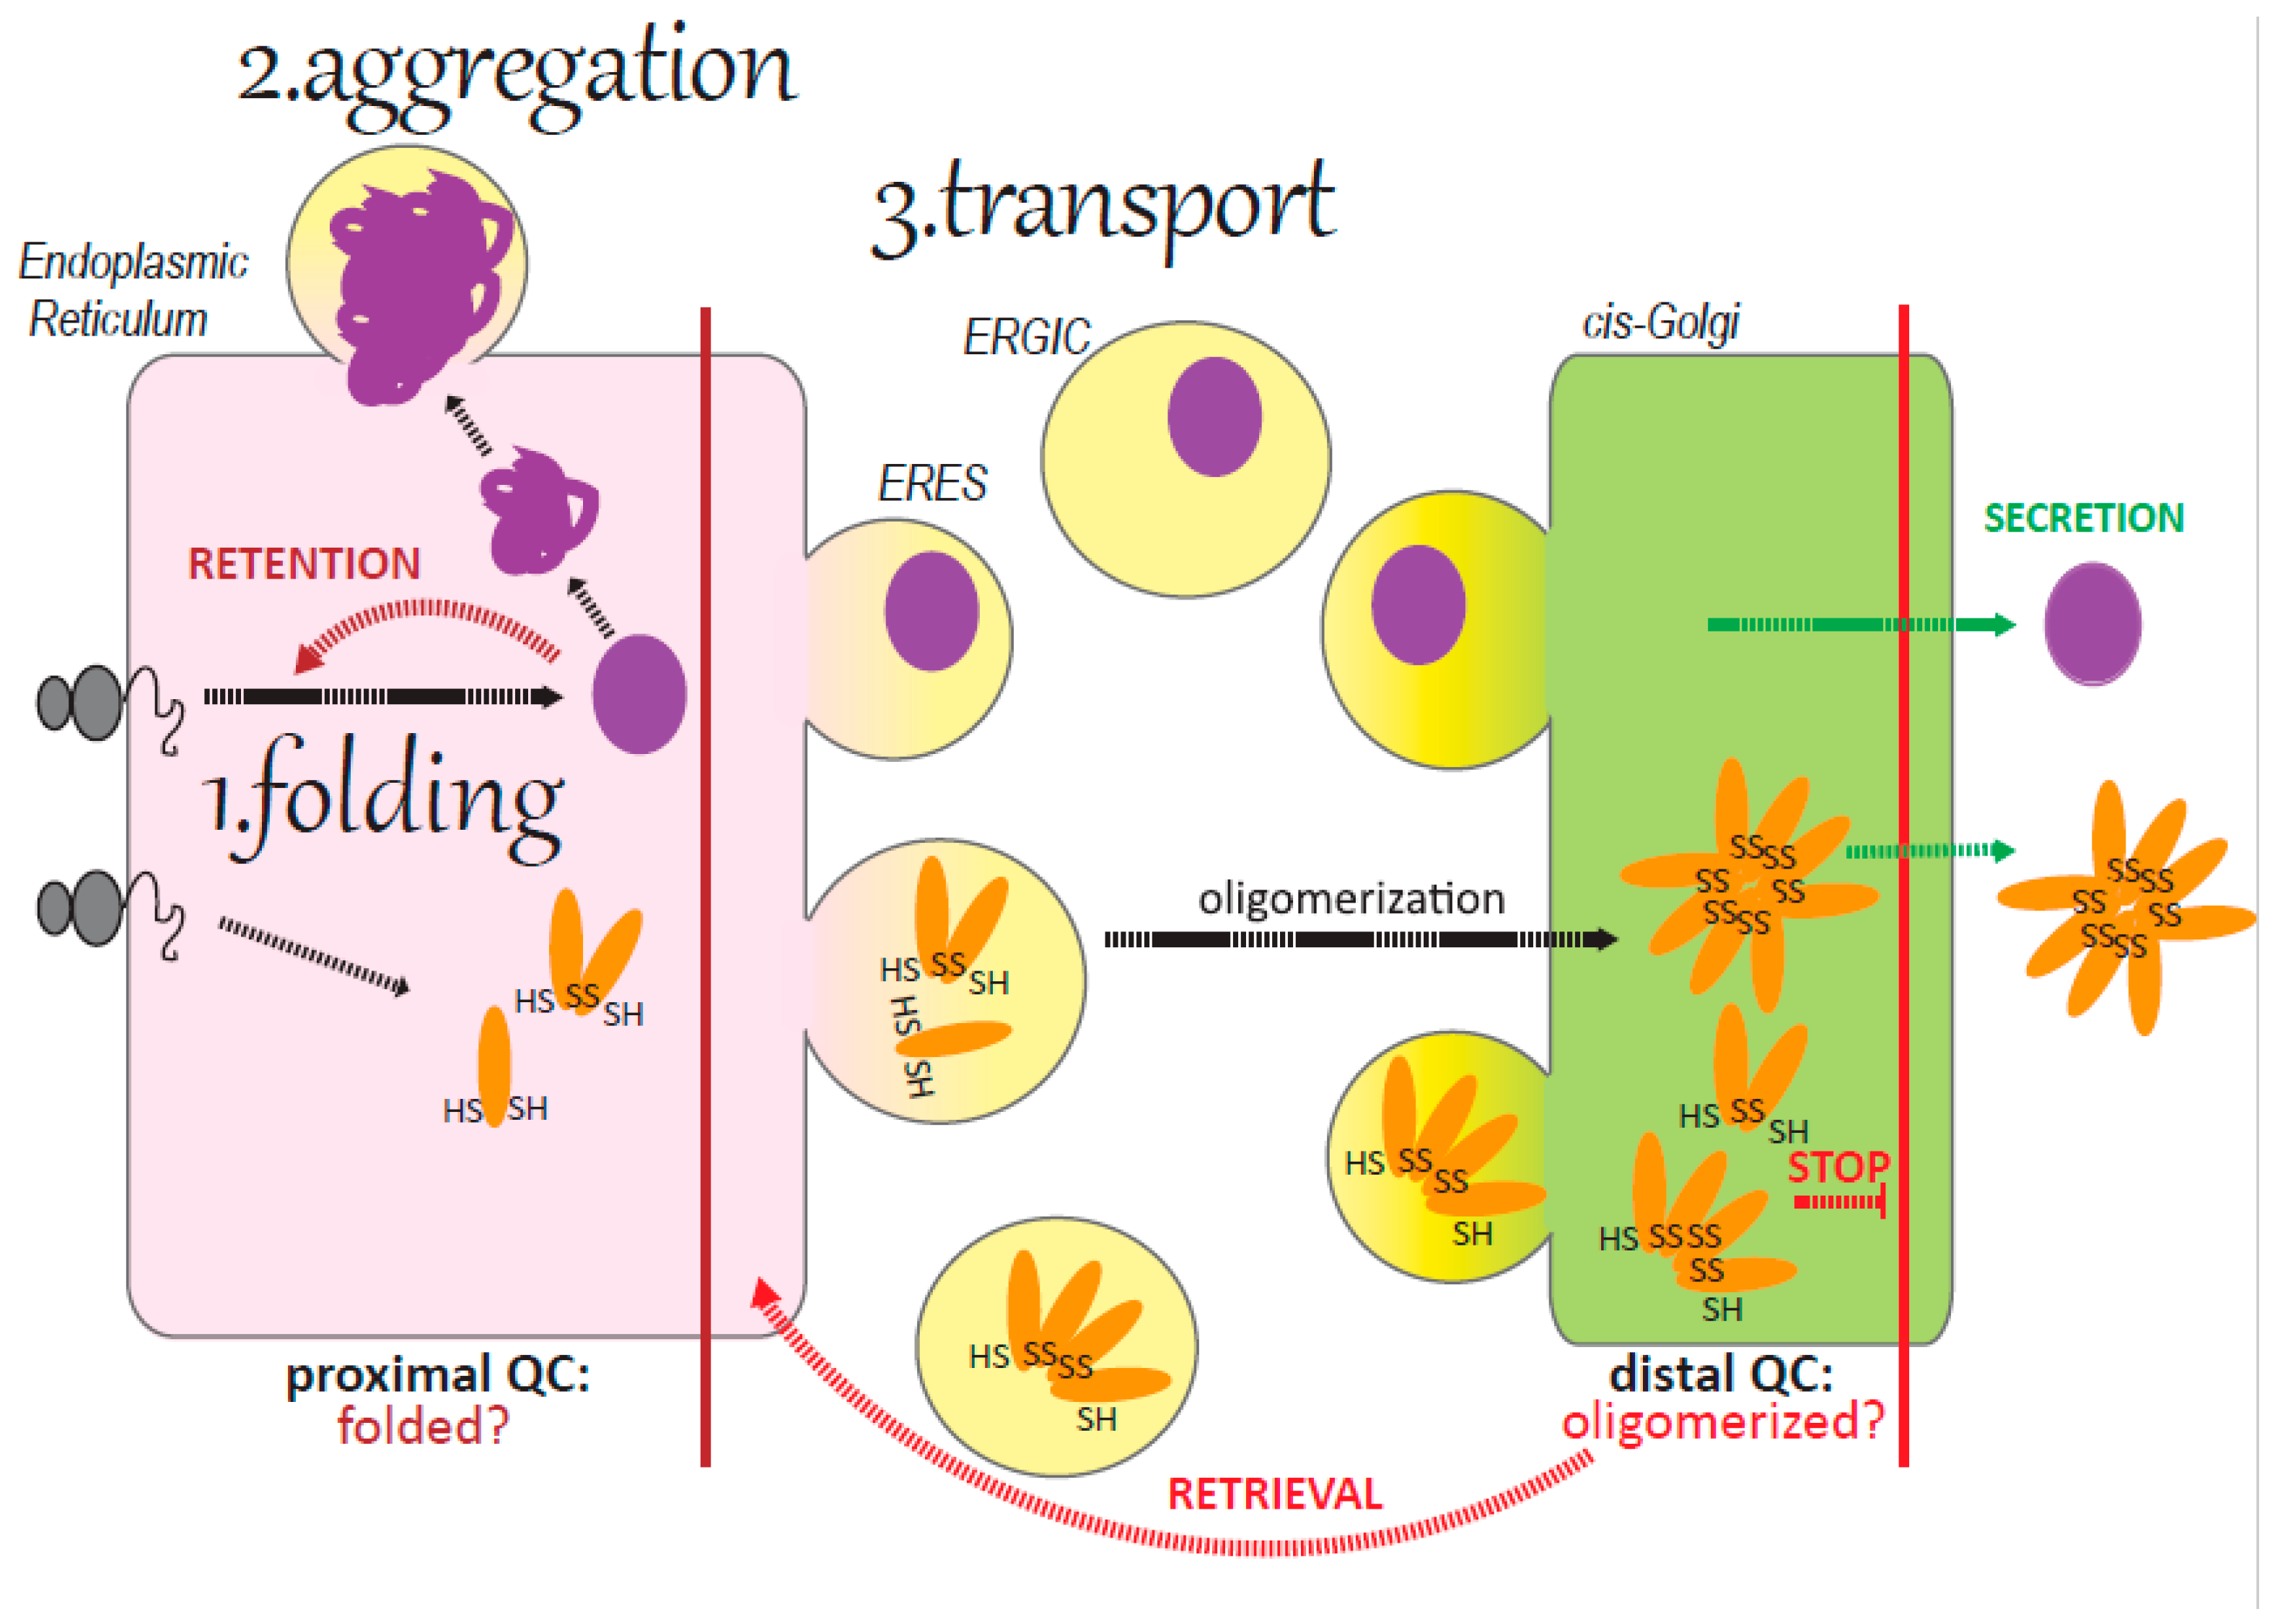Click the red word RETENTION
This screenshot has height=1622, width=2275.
pyautogui.click(x=304, y=564)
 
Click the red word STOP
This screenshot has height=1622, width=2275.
pyautogui.click(x=1838, y=1167)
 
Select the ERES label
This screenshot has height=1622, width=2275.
pyautogui.click(x=932, y=484)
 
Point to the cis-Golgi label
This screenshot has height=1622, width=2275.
pyautogui.click(x=1660, y=323)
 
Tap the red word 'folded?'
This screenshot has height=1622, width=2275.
pyautogui.click(x=422, y=1425)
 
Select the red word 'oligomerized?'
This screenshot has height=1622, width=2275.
pyautogui.click(x=1723, y=1420)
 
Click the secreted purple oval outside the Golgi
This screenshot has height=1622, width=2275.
pyautogui.click(x=2092, y=624)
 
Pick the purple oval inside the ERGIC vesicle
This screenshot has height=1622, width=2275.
pyautogui.click(x=1214, y=416)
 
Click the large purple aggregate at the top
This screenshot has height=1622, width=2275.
pyautogui.click(x=414, y=285)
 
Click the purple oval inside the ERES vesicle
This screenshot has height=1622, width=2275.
pyautogui.click(x=931, y=611)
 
